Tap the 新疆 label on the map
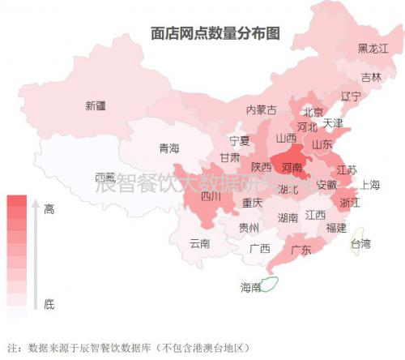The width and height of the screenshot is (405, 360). (x=95, y=105)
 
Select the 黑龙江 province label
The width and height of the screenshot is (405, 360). (x=373, y=49)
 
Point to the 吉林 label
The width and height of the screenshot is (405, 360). (x=371, y=78)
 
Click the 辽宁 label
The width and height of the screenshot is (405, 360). (x=351, y=96)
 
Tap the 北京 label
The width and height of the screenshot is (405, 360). (x=313, y=112)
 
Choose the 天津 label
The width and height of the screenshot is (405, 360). (x=333, y=124)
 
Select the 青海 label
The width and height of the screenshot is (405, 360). (x=168, y=148)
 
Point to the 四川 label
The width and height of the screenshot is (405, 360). (x=211, y=195)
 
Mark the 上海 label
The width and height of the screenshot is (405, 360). (x=370, y=185)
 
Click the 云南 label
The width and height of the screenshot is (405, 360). (x=199, y=243)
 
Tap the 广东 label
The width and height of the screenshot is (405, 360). (x=301, y=250)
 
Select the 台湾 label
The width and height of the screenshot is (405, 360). (x=360, y=243)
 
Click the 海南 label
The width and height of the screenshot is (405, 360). (x=251, y=287)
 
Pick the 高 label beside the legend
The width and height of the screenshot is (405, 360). (x=49, y=209)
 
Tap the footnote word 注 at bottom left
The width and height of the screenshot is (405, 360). (x=11, y=348)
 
